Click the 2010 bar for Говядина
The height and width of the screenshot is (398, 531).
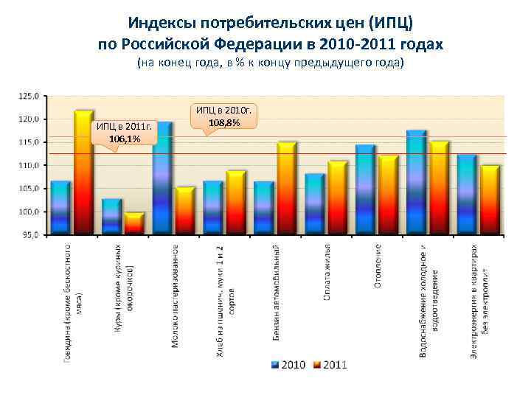(x=60, y=208)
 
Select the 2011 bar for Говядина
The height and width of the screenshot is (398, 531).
(x=83, y=173)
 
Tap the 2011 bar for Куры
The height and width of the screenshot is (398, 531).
(x=134, y=223)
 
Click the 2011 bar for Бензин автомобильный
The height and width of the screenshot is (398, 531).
(x=286, y=189)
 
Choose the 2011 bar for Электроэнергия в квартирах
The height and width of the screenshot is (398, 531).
(x=490, y=200)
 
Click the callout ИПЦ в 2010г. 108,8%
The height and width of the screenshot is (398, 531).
(x=224, y=116)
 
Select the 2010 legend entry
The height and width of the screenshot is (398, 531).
(x=288, y=364)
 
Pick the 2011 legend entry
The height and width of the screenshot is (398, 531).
(x=329, y=364)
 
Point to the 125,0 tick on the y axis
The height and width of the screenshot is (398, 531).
(x=29, y=96)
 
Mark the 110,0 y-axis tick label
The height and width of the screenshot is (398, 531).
(x=29, y=166)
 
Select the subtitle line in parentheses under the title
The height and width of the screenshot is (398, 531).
(x=271, y=63)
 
